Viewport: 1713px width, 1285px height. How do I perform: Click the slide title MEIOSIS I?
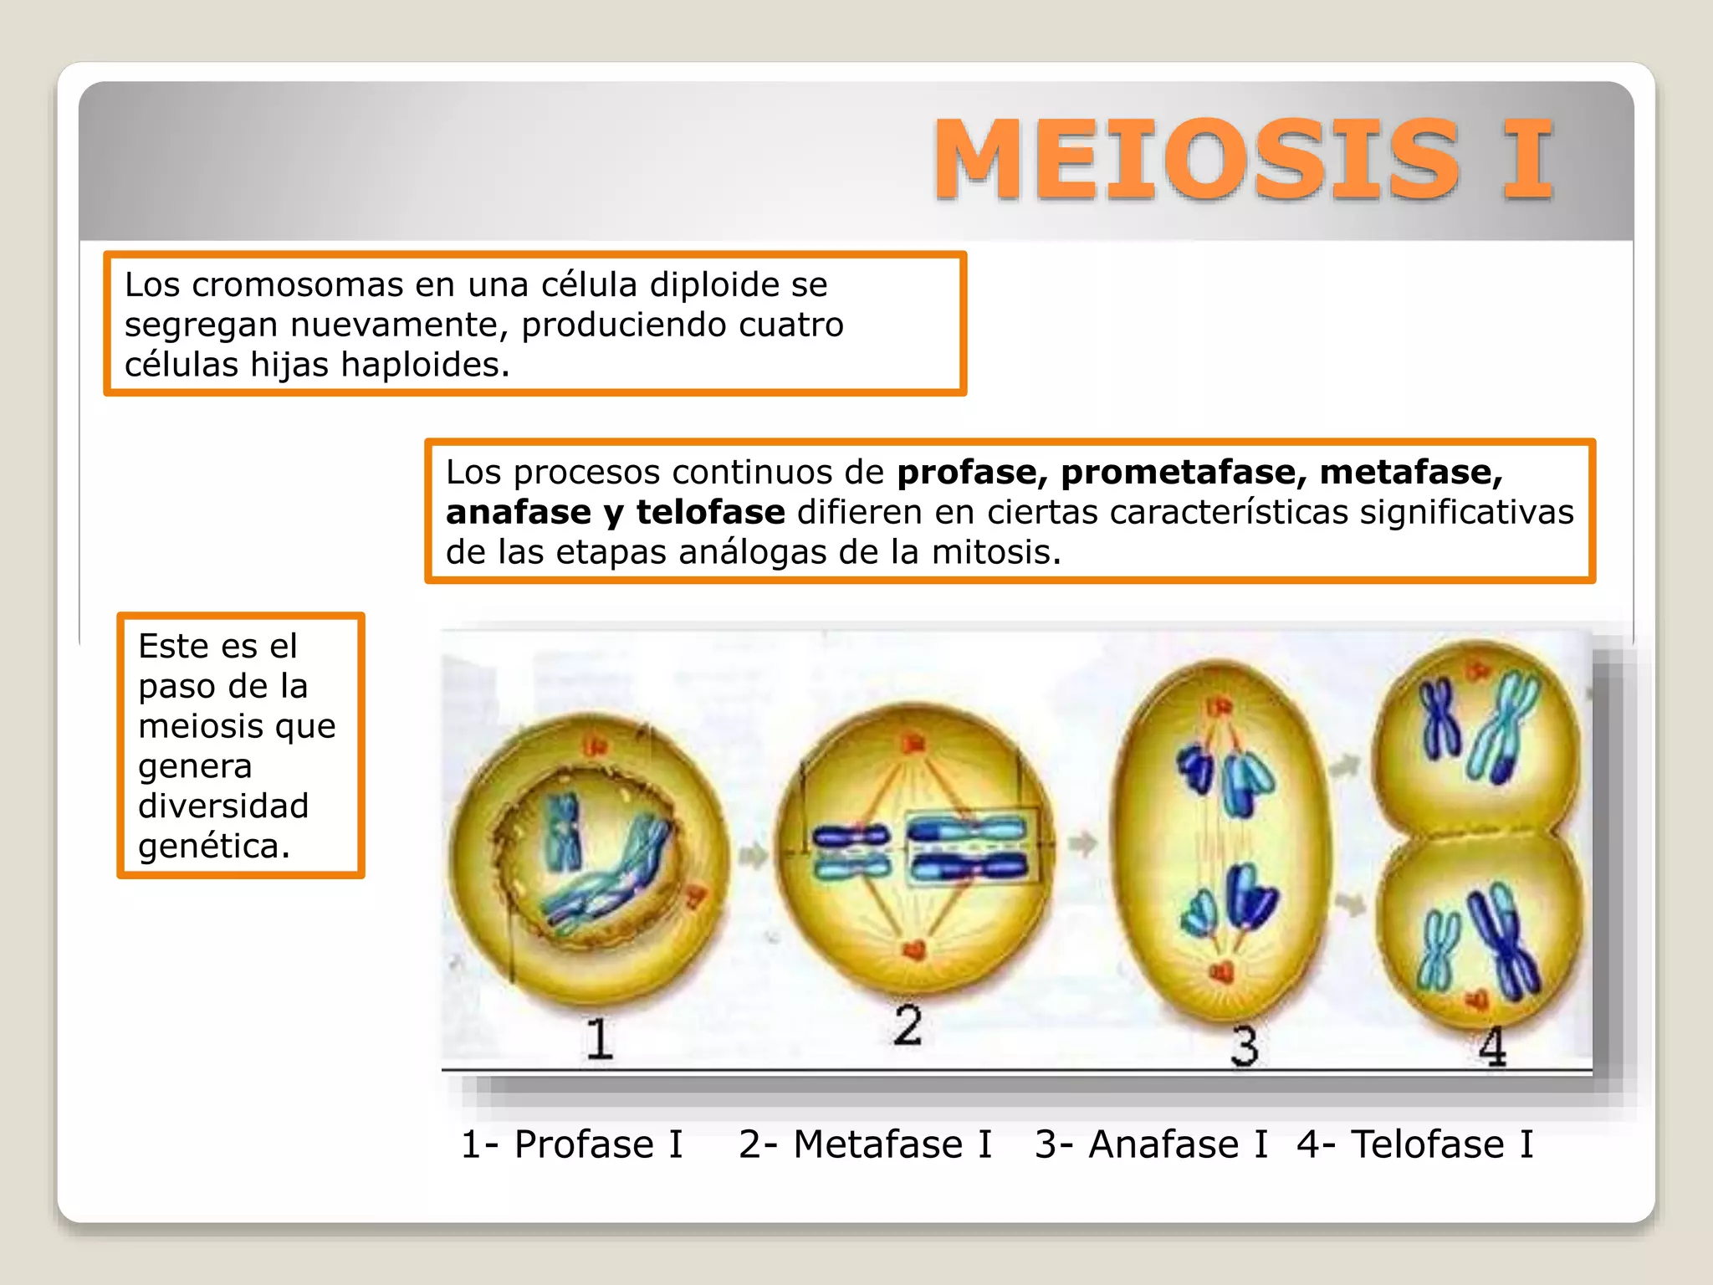1243,159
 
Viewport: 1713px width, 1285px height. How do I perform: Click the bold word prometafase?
1178,473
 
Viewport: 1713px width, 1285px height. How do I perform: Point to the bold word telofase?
710,513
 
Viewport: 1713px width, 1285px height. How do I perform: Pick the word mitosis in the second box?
995,553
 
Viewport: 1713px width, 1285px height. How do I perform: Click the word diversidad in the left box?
223,806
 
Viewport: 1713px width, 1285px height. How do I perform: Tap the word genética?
213,846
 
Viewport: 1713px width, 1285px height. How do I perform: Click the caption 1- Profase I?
572,1144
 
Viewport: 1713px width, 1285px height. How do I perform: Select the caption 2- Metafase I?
865,1144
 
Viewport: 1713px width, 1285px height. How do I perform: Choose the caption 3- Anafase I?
1151,1144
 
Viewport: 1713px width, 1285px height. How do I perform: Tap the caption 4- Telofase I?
1415,1144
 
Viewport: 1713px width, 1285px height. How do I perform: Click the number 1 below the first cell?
599,1039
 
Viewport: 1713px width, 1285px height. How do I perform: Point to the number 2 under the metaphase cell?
908,1025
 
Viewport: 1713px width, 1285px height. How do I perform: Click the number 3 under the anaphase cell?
1245,1046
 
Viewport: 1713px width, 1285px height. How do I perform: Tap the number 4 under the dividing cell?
1493,1046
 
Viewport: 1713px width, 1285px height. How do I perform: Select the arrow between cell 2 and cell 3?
1083,843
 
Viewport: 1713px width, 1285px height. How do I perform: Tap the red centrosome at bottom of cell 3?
1222,972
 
